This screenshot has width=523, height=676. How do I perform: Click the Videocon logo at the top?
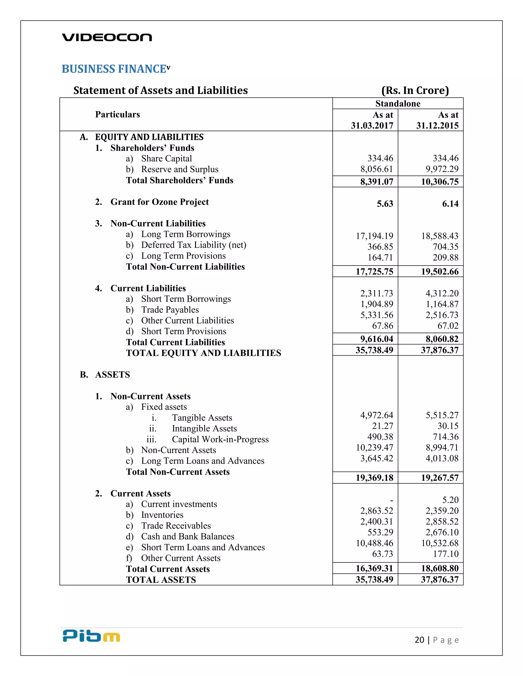[x=107, y=37]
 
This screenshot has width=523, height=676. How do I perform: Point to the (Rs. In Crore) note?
[x=415, y=90]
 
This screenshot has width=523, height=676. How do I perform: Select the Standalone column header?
[x=398, y=103]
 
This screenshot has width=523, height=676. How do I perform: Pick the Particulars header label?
[x=117, y=115]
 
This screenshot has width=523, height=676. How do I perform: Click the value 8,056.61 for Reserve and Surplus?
[x=376, y=169]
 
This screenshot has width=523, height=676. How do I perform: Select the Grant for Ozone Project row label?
[x=159, y=202]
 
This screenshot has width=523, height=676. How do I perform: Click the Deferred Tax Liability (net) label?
[x=193, y=245]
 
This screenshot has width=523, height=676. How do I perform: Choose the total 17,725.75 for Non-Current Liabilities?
[x=374, y=271]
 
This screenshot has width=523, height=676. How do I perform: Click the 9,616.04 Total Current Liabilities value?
[x=376, y=339]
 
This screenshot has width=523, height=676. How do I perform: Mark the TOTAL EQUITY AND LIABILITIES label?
[x=203, y=353]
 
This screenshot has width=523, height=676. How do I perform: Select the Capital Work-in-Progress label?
[x=220, y=439]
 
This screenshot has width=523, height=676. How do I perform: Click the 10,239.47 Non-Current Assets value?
[x=374, y=448]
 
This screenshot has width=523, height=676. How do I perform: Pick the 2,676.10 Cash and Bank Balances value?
[x=442, y=532]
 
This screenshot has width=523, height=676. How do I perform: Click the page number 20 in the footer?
[x=419, y=640]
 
